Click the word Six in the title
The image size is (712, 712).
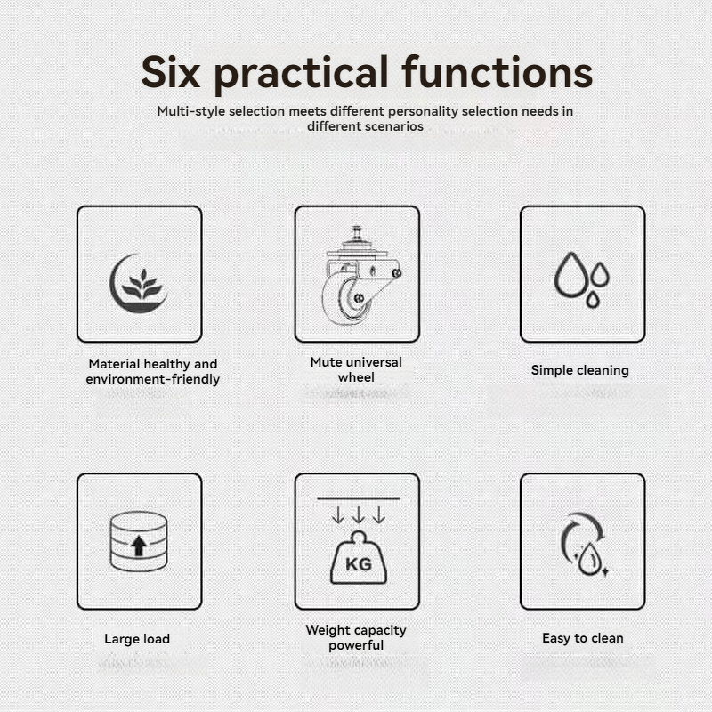tap(170, 72)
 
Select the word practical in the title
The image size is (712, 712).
tap(302, 75)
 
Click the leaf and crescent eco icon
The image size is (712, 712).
tap(139, 283)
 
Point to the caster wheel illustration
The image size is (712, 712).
tap(360, 276)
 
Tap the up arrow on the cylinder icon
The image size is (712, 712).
tap(139, 546)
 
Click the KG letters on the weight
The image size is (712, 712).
tap(359, 564)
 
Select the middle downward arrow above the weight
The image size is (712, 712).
tap(359, 515)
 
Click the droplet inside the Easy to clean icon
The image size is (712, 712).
tap(590, 559)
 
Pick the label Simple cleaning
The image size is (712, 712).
tap(580, 370)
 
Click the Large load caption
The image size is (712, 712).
tap(137, 639)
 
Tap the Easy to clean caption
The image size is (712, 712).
tap(583, 638)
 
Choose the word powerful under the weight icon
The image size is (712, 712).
tap(356, 645)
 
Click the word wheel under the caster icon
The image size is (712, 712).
tap(356, 376)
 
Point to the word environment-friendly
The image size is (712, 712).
tap(152, 379)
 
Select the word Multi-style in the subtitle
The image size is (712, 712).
tap(191, 112)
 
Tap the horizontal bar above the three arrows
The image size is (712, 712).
tap(359, 498)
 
